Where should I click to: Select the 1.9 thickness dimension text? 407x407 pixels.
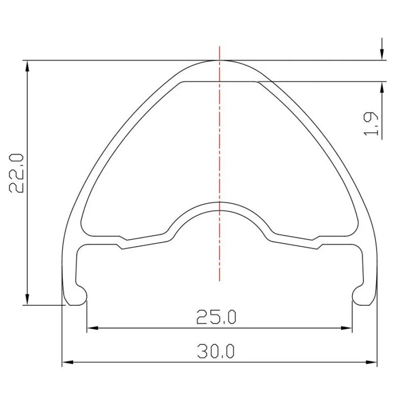point(372,123)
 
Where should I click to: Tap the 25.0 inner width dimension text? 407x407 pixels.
point(216,318)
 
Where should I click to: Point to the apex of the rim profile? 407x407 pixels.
point(220,61)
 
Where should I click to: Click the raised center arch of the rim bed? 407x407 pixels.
point(220,203)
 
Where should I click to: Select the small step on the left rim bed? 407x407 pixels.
point(122,243)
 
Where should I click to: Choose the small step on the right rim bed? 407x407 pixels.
point(317,243)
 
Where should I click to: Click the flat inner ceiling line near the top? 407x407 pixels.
point(220,81)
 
